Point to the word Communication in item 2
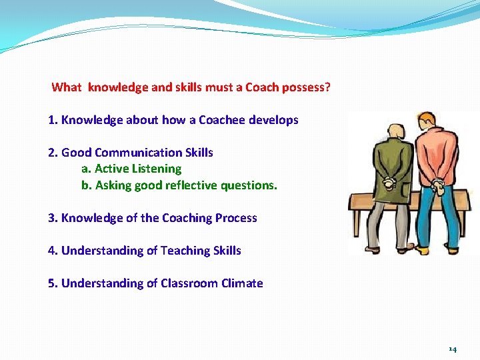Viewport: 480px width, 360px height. point(137,153)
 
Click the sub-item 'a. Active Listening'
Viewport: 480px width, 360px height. point(131,169)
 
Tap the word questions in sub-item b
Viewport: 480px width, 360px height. point(250,185)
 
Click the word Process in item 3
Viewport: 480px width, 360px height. point(236,218)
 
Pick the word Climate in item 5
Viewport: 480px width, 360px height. point(242,283)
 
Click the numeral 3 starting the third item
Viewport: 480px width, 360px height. point(51,218)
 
